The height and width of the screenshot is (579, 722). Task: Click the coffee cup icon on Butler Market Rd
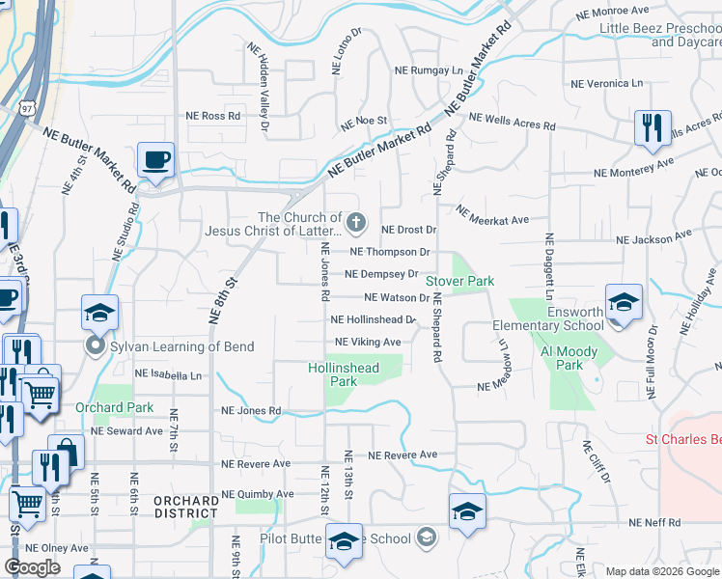point(155,160)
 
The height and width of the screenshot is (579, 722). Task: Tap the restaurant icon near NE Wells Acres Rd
point(652,128)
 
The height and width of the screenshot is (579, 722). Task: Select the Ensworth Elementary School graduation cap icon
point(624,301)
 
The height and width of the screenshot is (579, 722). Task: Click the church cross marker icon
point(356,224)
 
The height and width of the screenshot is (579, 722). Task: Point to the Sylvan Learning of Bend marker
point(96,345)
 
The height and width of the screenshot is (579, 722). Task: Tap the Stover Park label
point(460,281)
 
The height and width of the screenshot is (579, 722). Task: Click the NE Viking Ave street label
point(368,343)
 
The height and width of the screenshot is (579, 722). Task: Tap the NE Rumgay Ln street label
point(429,70)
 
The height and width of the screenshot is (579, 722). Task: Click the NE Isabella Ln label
point(169,372)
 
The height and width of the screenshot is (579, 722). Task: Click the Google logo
point(32,567)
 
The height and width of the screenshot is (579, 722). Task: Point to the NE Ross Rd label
point(213,116)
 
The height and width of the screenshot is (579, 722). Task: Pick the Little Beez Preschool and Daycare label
point(660,36)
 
